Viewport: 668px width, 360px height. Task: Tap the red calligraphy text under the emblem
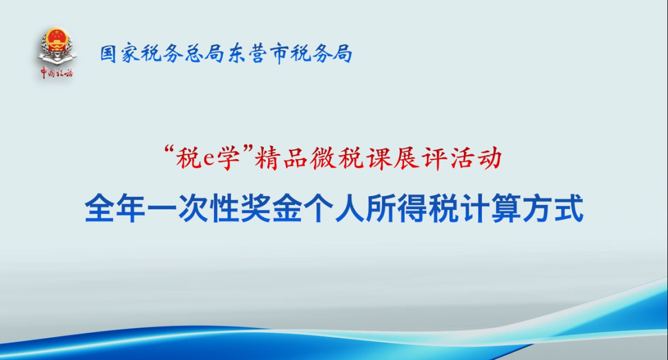pyautogui.click(x=57, y=72)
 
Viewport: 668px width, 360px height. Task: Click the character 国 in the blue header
pyautogui.click(x=108, y=54)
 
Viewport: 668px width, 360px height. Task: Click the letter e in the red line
pyautogui.click(x=209, y=160)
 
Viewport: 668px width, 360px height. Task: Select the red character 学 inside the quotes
pyautogui.click(x=228, y=158)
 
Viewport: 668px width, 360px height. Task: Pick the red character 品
pyautogui.click(x=295, y=158)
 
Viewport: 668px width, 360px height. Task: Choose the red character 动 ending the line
pyautogui.click(x=489, y=158)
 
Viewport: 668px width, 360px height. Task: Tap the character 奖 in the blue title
pyautogui.click(x=255, y=208)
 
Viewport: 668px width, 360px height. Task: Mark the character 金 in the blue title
pyautogui.click(x=287, y=208)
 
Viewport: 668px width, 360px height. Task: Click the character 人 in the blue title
pyautogui.click(x=349, y=208)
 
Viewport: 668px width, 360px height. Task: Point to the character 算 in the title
pyautogui.click(x=506, y=208)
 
